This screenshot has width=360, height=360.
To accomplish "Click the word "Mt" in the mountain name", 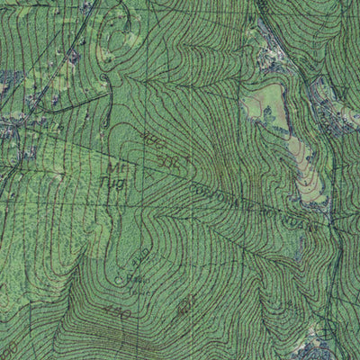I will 116,166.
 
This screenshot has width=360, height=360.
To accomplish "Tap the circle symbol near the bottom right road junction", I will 326,331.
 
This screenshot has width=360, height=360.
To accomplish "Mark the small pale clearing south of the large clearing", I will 306,180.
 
